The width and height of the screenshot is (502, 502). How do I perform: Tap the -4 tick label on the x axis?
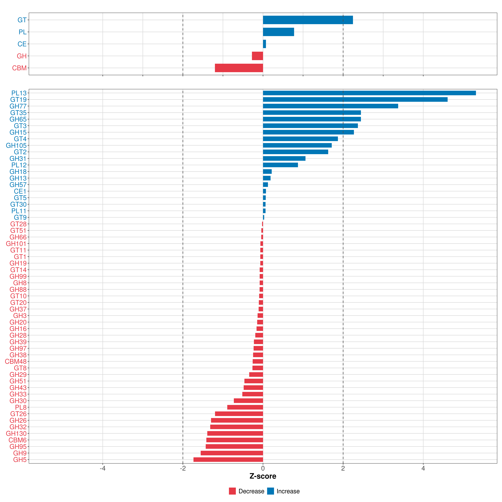103,468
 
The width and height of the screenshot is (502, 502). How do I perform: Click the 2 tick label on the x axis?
343,468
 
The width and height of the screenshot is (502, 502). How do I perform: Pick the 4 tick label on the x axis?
423,468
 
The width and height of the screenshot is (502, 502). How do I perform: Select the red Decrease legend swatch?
232,491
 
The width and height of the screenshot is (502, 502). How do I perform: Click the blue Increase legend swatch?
270,491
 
